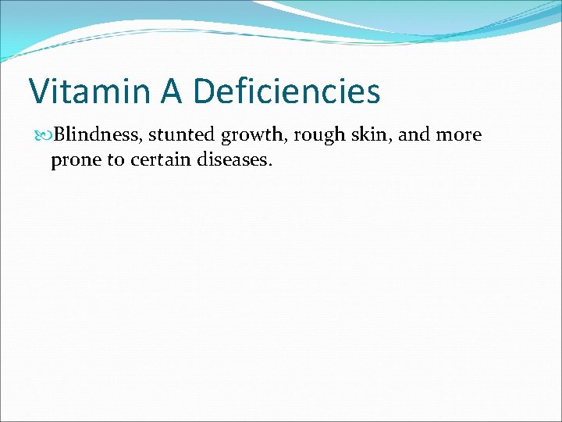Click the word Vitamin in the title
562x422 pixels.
coord(89,91)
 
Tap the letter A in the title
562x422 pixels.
coord(172,91)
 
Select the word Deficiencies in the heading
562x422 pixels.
coord(286,91)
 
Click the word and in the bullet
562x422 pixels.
coord(414,135)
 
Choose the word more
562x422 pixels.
coord(459,135)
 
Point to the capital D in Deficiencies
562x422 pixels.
coord(204,91)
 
